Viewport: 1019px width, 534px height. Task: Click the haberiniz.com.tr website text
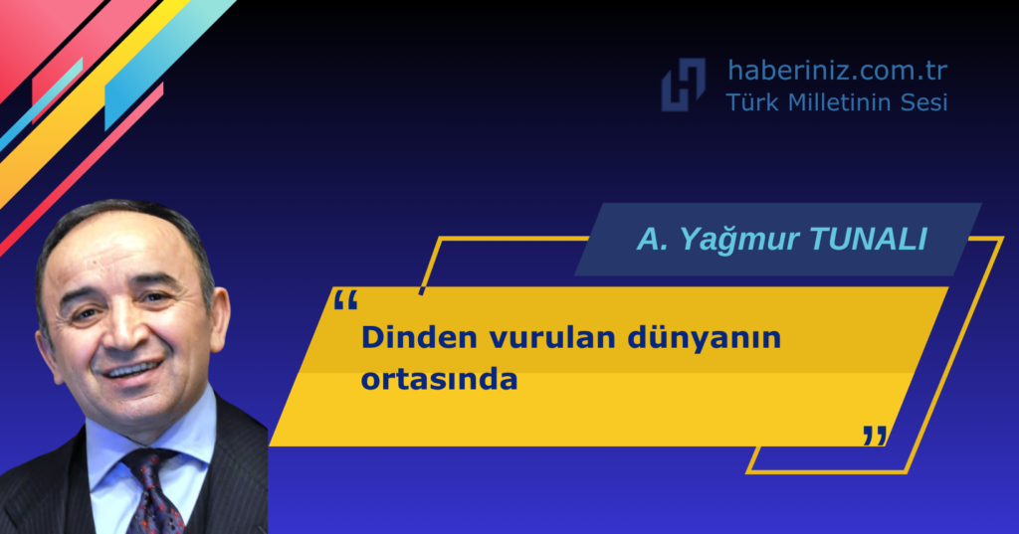(837, 71)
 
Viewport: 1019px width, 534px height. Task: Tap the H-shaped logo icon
(683, 85)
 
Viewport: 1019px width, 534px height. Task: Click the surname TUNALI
(868, 239)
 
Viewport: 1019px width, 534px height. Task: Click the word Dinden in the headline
(420, 338)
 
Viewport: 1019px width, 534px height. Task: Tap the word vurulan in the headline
(552, 338)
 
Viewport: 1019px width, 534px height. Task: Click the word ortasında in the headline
(439, 380)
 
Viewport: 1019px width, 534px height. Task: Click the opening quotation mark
(345, 301)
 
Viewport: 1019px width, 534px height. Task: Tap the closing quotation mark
(875, 436)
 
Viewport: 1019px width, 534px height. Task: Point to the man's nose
(126, 331)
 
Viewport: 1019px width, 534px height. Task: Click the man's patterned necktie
(153, 491)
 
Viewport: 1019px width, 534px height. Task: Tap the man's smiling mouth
(133, 369)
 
